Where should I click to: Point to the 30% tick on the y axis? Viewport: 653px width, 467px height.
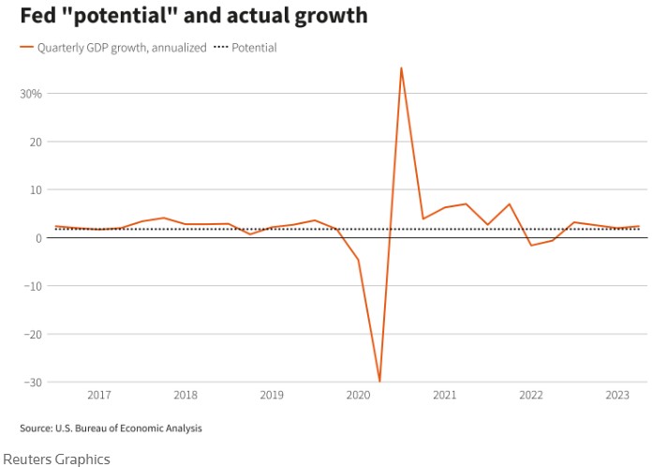coord(30,94)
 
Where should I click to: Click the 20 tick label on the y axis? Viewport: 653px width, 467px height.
coord(34,142)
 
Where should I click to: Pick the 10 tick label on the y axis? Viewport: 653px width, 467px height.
coord(34,189)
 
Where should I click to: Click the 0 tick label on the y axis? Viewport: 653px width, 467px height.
coord(37,238)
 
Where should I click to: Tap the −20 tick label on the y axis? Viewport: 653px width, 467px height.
coord(30,334)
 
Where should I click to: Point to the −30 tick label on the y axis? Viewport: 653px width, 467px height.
coord(30,382)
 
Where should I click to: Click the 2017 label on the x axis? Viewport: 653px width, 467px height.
coord(99,396)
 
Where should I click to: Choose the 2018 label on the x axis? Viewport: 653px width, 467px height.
coord(186,396)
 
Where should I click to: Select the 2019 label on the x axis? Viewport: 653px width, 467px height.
coord(271,396)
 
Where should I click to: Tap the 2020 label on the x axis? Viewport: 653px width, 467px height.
coord(357,396)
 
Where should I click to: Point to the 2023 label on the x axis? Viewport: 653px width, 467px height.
coord(616,396)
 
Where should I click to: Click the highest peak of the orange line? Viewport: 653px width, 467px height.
coord(401,68)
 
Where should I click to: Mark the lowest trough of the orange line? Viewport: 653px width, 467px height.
coord(379,381)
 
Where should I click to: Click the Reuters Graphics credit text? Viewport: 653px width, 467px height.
coord(56,459)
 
